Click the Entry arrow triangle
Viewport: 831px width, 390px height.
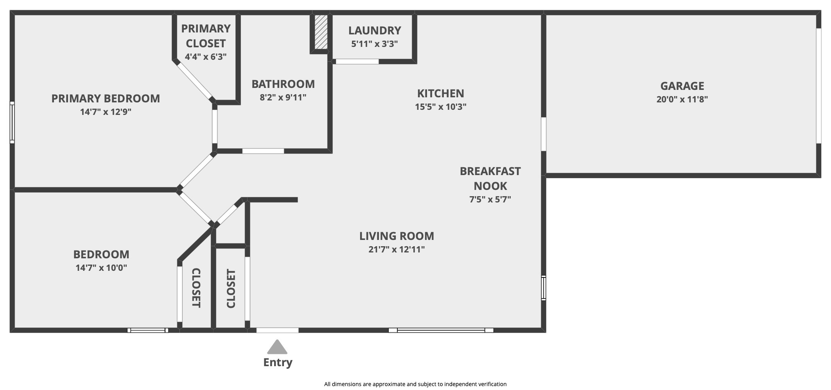[277, 347]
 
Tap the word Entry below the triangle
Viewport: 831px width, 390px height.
[278, 362]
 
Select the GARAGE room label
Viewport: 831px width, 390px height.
[682, 86]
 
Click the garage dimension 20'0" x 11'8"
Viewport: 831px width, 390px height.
[682, 99]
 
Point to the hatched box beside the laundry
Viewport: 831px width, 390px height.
[321, 32]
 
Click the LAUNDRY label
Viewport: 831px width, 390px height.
[375, 30]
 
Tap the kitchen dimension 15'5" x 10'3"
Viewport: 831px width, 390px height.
[441, 107]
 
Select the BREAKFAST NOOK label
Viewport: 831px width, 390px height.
[490, 179]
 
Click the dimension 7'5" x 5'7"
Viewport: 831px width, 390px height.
[490, 200]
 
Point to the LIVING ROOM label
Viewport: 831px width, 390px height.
[397, 236]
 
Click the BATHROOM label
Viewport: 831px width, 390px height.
[283, 84]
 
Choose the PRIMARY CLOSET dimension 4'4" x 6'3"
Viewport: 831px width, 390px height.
[206, 57]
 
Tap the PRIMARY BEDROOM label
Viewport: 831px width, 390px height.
[106, 98]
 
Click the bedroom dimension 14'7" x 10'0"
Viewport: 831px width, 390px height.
[101, 268]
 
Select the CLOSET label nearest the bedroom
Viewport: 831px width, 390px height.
[196, 288]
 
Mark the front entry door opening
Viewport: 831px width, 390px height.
[277, 331]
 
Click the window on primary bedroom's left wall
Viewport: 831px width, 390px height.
[12, 122]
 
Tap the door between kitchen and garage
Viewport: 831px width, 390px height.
[544, 134]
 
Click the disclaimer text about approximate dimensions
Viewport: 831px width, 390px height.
[415, 384]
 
